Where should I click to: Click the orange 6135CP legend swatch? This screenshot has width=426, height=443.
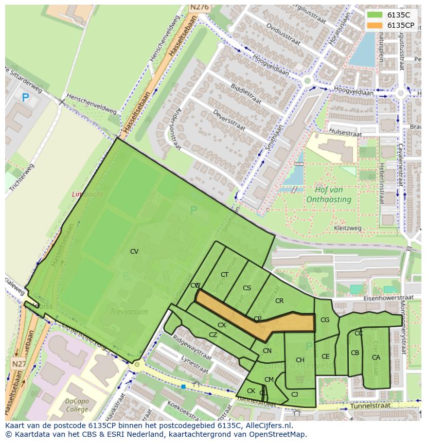[x=375, y=25]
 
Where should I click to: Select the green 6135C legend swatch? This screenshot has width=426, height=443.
[x=375, y=15]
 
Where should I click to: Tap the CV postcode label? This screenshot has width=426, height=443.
[x=134, y=252]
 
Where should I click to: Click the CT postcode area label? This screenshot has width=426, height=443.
[x=224, y=275]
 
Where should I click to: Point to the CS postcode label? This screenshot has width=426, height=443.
[x=247, y=288]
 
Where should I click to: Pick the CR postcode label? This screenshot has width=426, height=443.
[x=279, y=301]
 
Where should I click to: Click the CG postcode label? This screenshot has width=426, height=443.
[x=325, y=320]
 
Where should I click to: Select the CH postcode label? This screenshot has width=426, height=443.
[x=300, y=360]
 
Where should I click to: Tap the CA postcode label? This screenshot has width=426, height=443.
[x=376, y=358]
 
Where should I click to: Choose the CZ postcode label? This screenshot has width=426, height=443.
[x=213, y=335]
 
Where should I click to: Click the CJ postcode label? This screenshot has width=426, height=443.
[x=294, y=395]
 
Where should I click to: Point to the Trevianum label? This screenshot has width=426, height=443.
[x=129, y=312]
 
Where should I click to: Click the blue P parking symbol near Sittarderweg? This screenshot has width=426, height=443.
[x=25, y=97]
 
